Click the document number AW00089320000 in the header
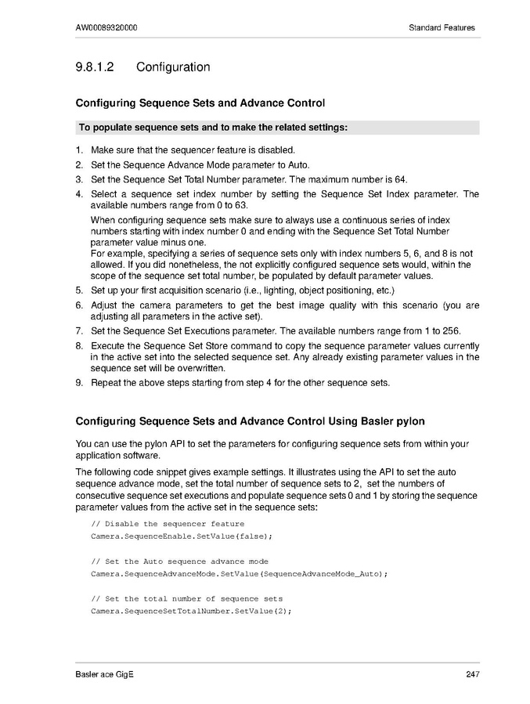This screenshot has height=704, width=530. point(107,28)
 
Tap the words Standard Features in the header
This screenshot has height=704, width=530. point(442,28)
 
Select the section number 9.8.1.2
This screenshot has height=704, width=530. point(96,67)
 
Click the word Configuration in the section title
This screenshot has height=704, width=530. point(173,67)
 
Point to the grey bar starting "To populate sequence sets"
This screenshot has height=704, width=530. point(277,127)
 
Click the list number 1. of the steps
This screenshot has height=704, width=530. point(79,150)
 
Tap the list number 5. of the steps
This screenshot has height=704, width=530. point(79,291)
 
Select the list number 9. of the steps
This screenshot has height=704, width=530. point(79,383)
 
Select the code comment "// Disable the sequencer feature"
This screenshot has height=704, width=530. point(168,523)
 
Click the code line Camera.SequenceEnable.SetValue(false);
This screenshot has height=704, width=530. point(182,536)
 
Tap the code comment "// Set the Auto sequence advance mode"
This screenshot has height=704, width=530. point(179,561)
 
